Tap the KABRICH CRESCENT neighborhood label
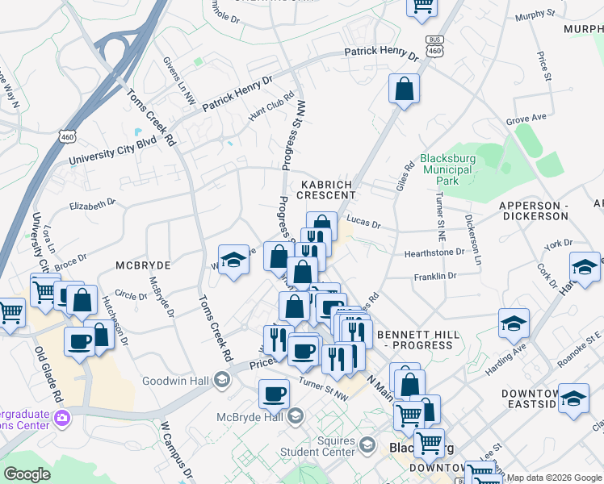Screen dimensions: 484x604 point(327,190)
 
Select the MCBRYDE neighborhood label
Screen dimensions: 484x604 point(144,265)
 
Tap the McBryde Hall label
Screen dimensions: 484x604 point(249,417)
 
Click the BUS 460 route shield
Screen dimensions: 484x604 point(435,45)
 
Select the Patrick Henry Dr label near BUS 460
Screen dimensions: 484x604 point(380,54)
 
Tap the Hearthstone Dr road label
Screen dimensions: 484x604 point(434,252)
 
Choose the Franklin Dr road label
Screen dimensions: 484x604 point(435,276)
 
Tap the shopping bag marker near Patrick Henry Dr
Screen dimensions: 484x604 point(404,90)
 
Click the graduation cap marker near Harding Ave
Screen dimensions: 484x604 point(514,324)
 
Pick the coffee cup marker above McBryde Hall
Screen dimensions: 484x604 point(274,394)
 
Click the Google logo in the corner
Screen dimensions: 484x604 point(27,474)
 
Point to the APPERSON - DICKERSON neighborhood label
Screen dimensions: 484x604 point(535,211)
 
